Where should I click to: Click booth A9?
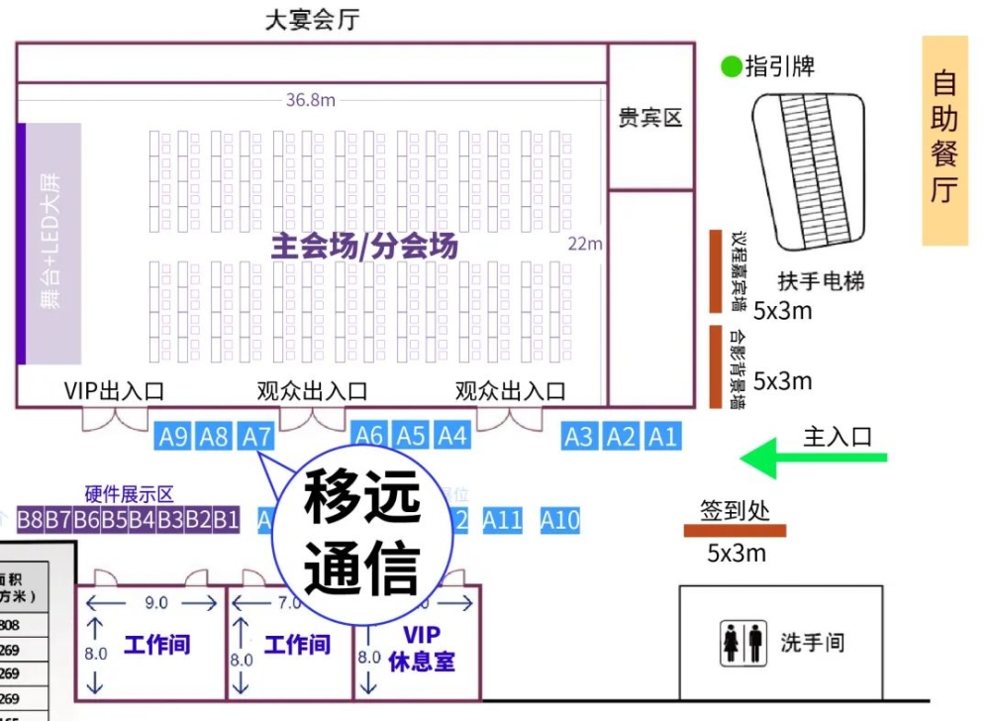[173, 436]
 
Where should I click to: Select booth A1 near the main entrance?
[662, 436]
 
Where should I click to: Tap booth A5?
[411, 436]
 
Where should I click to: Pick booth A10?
[559, 520]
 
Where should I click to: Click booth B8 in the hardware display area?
[30, 520]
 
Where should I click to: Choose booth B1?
[226, 520]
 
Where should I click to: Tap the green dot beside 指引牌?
[731, 67]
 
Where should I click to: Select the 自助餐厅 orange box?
[944, 141]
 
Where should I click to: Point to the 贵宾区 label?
[650, 118]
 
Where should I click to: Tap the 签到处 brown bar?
[735, 531]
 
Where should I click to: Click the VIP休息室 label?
[422, 648]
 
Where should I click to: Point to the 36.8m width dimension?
[310, 100]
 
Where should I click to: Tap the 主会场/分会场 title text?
[364, 246]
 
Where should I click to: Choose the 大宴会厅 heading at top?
[311, 20]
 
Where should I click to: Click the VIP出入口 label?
[113, 391]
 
